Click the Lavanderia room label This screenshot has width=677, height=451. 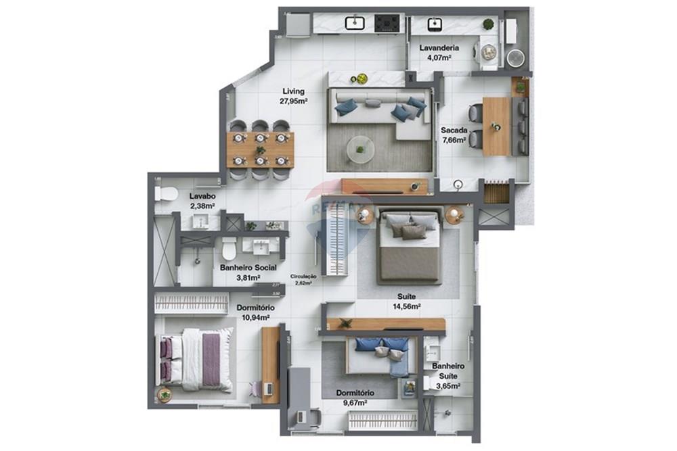click(439, 48)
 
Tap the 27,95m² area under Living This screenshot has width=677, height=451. click(293, 101)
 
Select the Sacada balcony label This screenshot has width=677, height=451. click(453, 130)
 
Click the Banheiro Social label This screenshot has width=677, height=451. click(248, 268)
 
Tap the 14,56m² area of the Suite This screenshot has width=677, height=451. click(407, 306)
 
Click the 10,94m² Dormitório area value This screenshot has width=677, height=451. click(255, 317)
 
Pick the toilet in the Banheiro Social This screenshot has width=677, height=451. click(229, 248)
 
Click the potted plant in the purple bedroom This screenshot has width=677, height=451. click(164, 394)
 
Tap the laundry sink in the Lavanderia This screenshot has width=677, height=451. click(433, 25)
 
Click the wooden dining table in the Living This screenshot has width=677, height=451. click(260, 149)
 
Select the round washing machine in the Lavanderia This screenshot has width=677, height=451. click(517, 57)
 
